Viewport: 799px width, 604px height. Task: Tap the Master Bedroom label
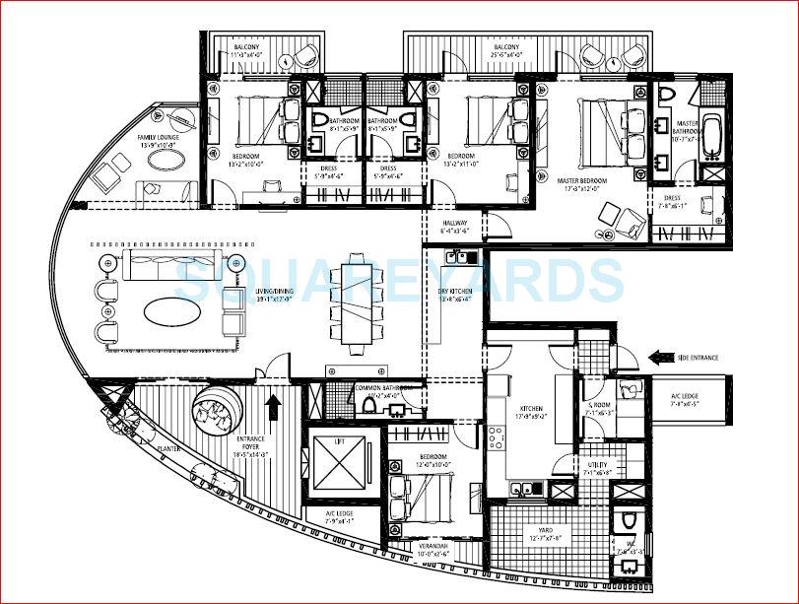point(581,181)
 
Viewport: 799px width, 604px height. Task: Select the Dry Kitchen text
point(455,293)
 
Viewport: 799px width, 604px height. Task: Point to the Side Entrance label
point(697,359)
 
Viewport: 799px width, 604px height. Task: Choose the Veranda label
point(408,553)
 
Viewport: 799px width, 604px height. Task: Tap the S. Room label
point(597,408)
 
